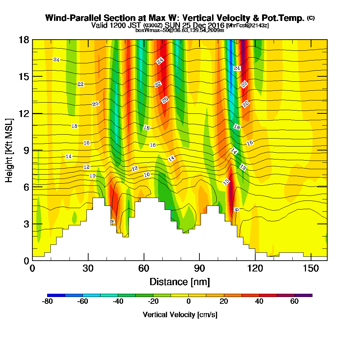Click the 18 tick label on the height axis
(23, 40)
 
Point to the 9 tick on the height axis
(32, 150)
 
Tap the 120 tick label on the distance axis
(255, 269)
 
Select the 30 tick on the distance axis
(88, 260)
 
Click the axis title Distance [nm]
(180, 282)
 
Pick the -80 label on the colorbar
(48, 302)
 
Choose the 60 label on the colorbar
(294, 302)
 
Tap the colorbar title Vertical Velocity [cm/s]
(180, 315)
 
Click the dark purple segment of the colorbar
(303, 295)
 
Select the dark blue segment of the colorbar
(56, 295)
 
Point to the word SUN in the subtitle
(173, 26)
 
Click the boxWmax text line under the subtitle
(180, 30)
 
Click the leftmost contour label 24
(56, 59)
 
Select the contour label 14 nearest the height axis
(69, 156)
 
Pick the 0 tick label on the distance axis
(32, 269)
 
